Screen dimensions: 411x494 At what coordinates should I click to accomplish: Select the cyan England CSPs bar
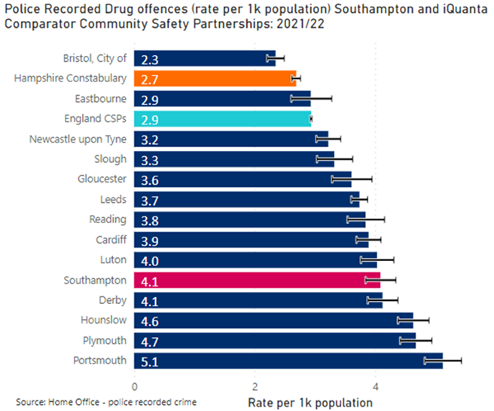(x=222, y=118)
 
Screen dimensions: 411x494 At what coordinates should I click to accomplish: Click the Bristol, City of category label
(x=95, y=58)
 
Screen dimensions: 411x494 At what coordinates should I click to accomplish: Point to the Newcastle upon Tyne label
(x=78, y=139)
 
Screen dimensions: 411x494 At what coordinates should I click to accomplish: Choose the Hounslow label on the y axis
(x=103, y=320)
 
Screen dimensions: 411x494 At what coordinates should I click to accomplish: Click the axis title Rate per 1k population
(x=310, y=402)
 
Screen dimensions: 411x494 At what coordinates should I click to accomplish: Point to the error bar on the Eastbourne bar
(x=310, y=98)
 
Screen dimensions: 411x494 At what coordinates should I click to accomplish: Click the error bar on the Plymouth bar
(x=415, y=341)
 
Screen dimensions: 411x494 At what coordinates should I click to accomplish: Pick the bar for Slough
(x=234, y=158)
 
